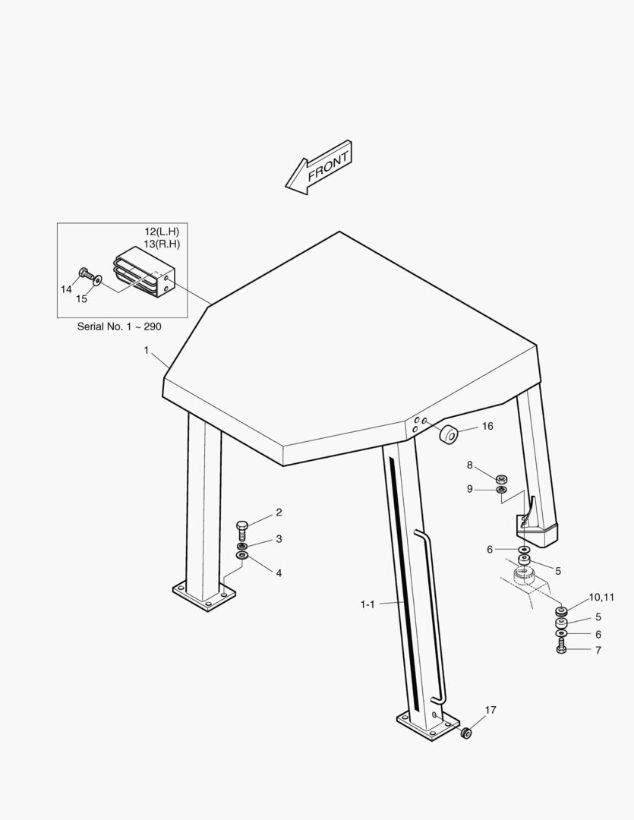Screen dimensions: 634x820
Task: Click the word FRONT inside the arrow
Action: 328,167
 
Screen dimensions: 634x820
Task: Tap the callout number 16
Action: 487,426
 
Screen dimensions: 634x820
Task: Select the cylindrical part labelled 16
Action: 448,434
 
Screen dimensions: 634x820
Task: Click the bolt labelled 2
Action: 242,530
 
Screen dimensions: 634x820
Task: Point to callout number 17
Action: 490,710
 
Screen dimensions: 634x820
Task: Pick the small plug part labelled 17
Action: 465,733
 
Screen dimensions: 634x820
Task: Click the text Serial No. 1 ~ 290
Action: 119,326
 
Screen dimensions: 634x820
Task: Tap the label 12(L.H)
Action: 162,231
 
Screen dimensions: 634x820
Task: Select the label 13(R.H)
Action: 162,244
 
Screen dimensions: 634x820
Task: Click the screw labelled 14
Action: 85,273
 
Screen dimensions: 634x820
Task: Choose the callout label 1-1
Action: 367,604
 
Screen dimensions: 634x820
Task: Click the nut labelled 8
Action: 501,478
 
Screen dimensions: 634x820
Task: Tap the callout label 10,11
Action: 601,598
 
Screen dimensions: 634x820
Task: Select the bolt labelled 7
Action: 561,649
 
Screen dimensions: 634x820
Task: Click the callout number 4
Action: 279,573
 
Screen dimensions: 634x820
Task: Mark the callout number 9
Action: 470,489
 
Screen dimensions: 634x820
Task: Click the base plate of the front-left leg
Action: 204,596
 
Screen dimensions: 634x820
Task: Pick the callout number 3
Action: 279,538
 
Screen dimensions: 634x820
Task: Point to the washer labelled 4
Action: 242,555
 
